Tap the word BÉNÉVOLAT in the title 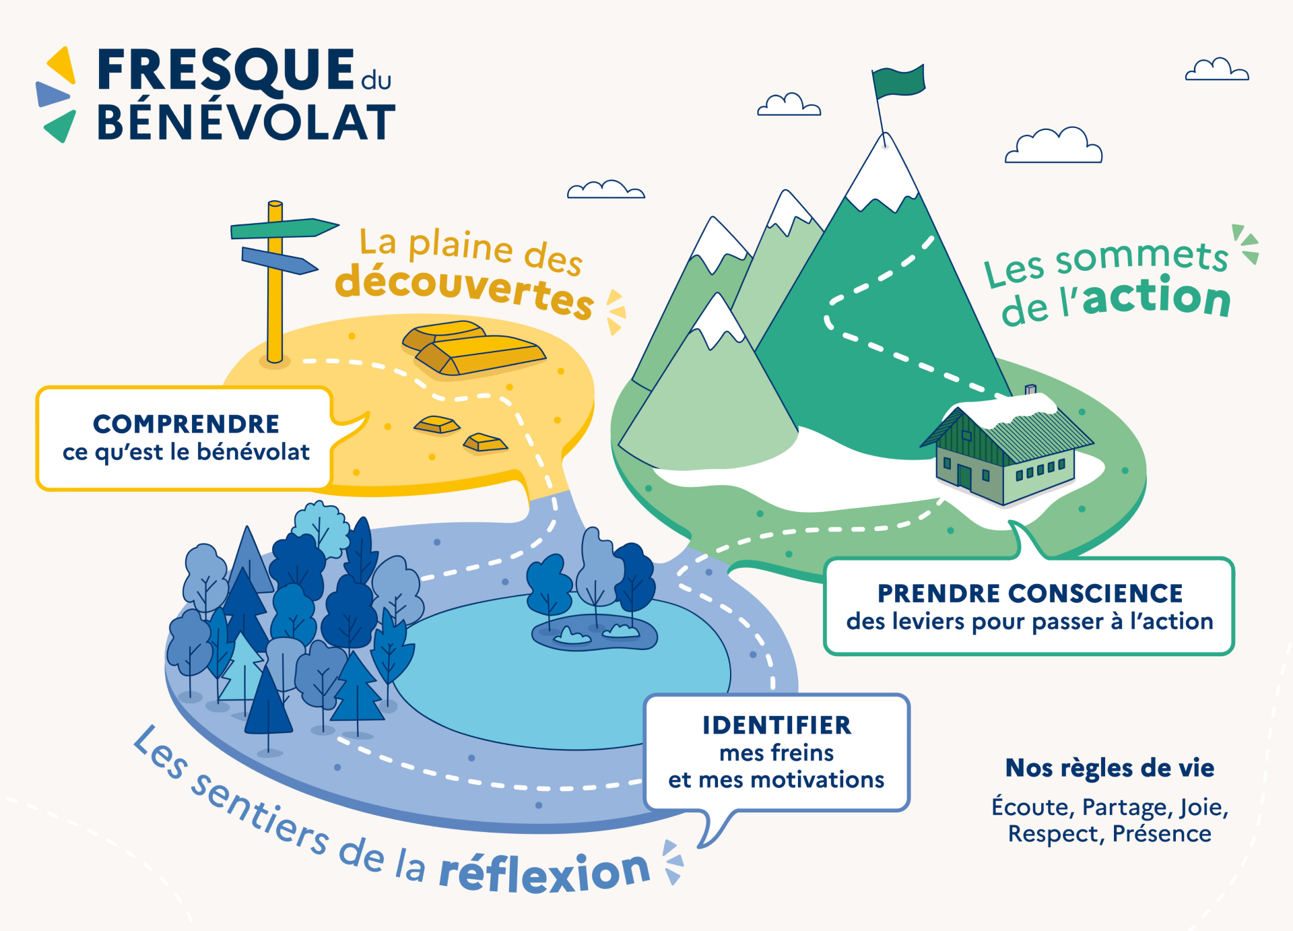(x=246, y=123)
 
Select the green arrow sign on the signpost (x=283, y=228)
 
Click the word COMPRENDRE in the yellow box (x=186, y=424)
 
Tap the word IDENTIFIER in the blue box (x=776, y=726)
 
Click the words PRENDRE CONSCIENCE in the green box (x=1030, y=593)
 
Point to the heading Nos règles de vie (x=1109, y=768)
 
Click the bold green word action (x=1156, y=298)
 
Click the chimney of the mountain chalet (x=1030, y=390)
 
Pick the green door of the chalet (x=964, y=477)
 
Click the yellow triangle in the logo (x=62, y=65)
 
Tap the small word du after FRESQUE (x=376, y=81)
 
